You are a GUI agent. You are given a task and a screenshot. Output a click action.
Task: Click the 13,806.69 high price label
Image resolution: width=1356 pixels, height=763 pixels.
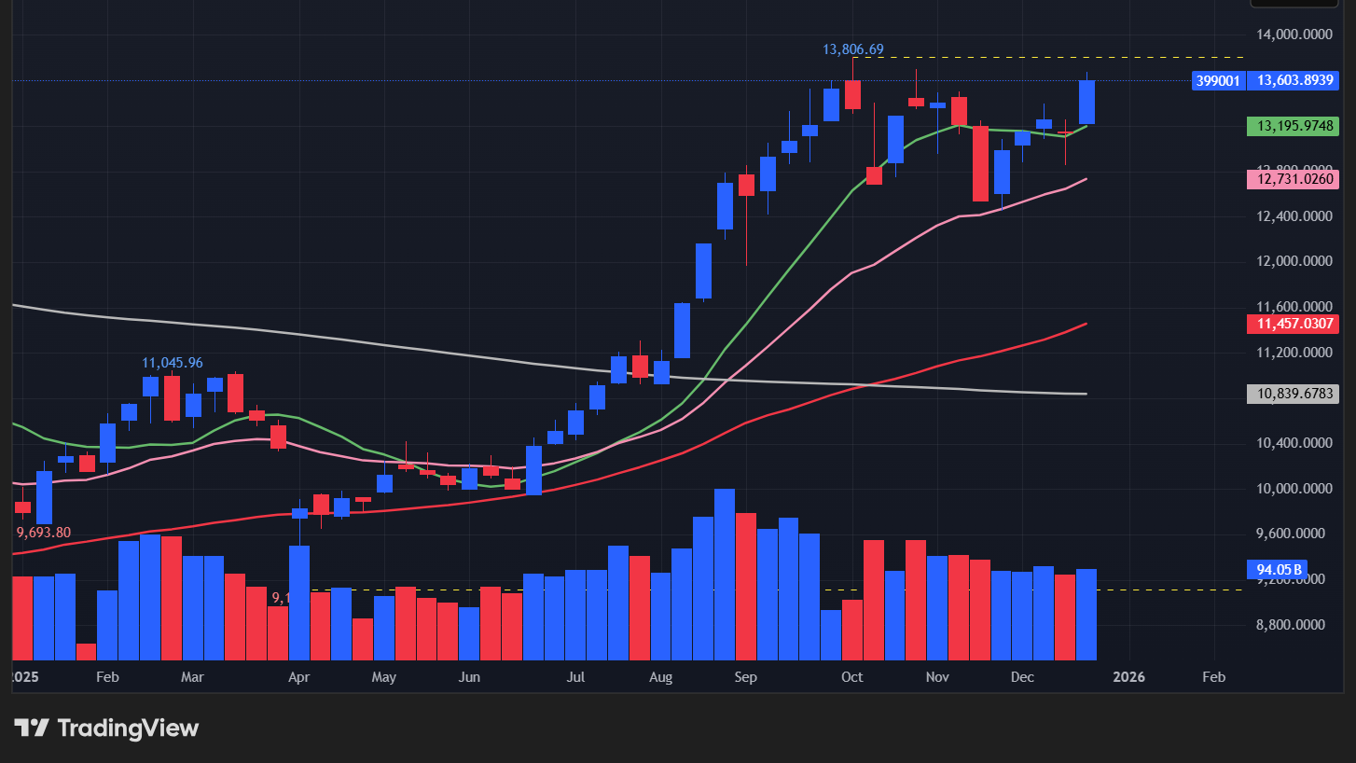point(852,49)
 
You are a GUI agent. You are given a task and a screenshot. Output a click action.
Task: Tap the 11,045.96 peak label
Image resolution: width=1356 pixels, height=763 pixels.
point(173,362)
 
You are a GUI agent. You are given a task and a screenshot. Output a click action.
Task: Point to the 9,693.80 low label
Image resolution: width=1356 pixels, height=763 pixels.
point(44,532)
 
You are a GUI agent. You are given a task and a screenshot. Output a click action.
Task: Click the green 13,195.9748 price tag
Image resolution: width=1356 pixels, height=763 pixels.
point(1293,125)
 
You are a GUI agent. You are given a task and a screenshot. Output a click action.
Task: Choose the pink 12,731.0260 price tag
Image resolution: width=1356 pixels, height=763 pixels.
point(1293,178)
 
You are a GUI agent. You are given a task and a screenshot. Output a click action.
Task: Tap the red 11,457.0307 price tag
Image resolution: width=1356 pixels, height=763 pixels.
point(1293,324)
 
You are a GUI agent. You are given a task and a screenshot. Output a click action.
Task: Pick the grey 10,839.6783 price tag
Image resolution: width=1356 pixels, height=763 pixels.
point(1293,394)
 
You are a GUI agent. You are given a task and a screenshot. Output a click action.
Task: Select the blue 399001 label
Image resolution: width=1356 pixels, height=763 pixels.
point(1218,81)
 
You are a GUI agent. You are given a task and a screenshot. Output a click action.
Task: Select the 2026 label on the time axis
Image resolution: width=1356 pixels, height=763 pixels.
point(1129,676)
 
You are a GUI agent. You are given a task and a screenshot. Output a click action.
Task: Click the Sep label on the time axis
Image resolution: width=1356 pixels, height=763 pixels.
point(745,676)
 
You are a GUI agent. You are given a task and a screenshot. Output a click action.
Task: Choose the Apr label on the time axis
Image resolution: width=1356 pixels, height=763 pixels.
point(298,676)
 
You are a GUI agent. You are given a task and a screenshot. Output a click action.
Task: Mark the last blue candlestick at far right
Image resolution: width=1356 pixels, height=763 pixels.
point(1086,102)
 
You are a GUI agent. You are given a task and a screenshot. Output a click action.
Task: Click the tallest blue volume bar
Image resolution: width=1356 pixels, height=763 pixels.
point(725,574)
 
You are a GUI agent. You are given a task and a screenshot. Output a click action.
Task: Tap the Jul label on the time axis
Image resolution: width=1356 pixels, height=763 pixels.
point(575,676)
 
